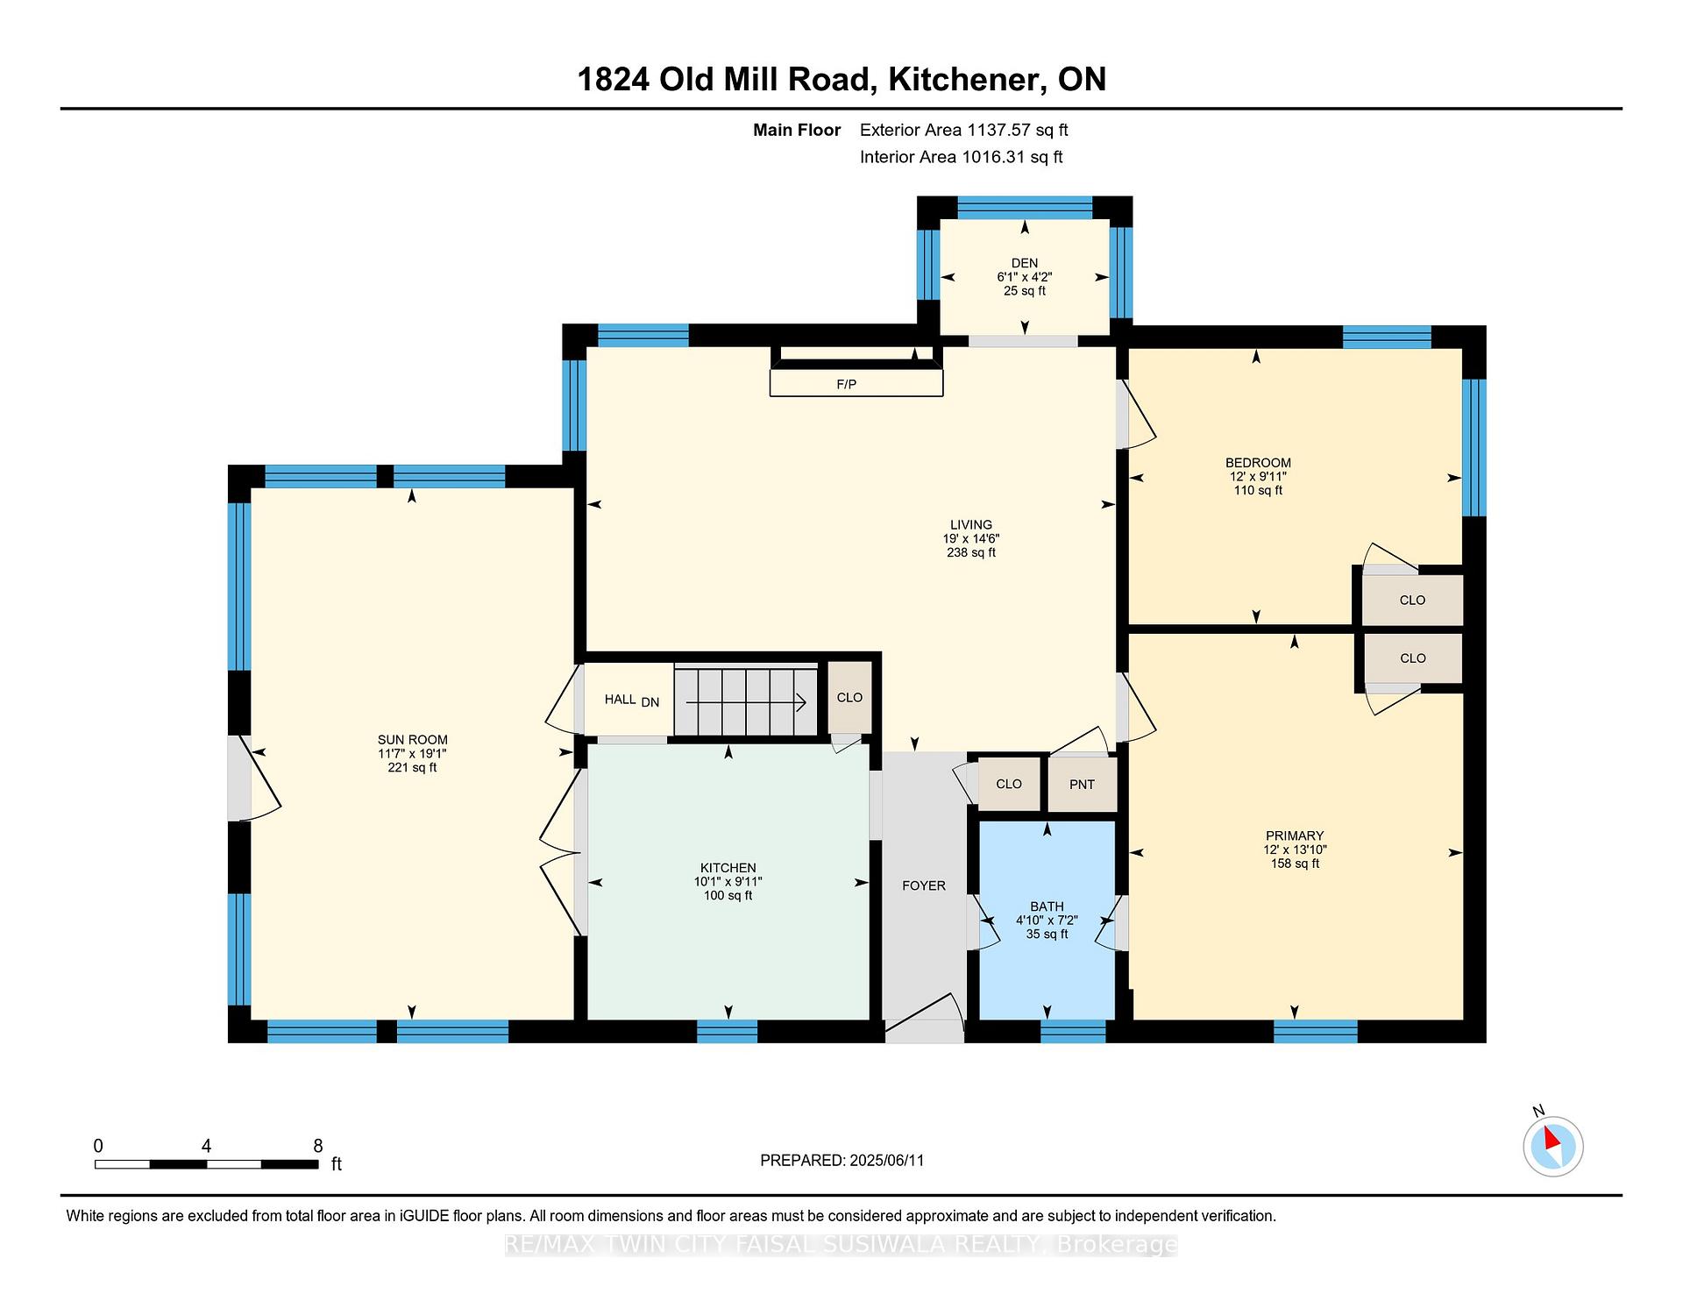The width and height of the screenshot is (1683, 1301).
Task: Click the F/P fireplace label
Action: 846,384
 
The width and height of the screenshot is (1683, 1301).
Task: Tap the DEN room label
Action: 1024,263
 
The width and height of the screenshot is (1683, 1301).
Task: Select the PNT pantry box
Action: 1083,784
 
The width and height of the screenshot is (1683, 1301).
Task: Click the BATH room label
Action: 1047,906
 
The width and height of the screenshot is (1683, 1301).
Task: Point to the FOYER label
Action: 924,885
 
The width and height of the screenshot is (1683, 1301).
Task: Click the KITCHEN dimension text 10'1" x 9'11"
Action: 728,882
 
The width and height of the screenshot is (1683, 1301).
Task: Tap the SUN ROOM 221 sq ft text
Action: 412,768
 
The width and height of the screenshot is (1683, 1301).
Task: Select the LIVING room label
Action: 971,525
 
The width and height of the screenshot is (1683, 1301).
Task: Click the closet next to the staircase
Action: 850,698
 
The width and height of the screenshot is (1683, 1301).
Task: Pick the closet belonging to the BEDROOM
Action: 1412,601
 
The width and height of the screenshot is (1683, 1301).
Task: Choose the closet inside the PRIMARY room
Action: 1412,658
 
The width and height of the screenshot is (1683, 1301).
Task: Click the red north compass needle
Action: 1552,1139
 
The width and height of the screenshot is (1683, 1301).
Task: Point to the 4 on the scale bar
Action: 206,1146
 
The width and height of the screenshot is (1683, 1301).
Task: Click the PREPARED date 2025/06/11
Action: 887,1161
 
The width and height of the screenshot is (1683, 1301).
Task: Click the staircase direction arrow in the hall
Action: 746,702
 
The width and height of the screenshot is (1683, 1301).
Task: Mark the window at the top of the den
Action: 1025,208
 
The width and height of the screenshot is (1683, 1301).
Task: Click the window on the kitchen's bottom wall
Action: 728,1031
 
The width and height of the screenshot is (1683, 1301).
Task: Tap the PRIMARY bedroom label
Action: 1295,836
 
